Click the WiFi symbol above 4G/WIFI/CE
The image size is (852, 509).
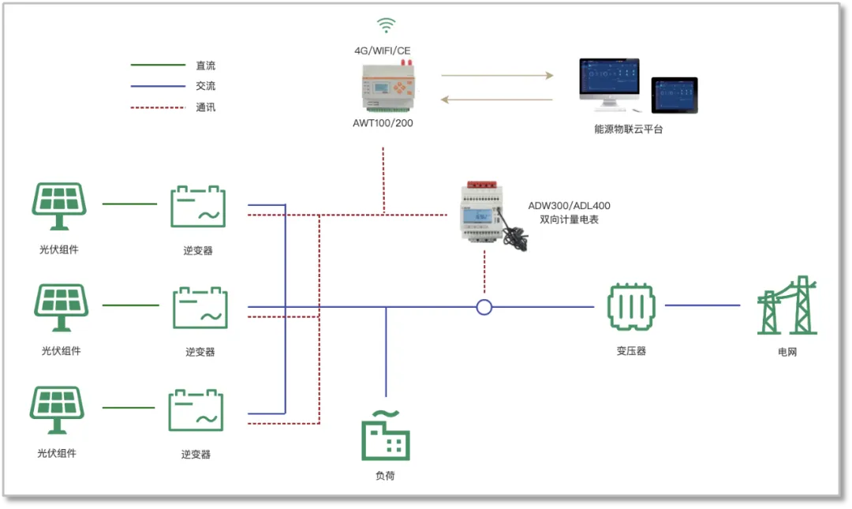coord(386,26)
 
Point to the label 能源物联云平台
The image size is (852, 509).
coord(629,129)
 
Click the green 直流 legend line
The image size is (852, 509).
coord(157,65)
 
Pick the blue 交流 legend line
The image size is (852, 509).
coord(157,86)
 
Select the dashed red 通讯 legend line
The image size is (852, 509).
coord(157,107)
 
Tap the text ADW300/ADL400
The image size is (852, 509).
coord(569,206)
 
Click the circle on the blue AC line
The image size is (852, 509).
coord(484,307)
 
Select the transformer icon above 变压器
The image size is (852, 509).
coord(631,307)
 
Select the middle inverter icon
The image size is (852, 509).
coord(200,308)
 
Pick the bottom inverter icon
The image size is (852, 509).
coord(196,410)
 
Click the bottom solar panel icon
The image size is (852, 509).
coord(57,409)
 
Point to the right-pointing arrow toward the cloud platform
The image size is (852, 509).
coord(497,76)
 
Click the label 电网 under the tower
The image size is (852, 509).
coord(787,352)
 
